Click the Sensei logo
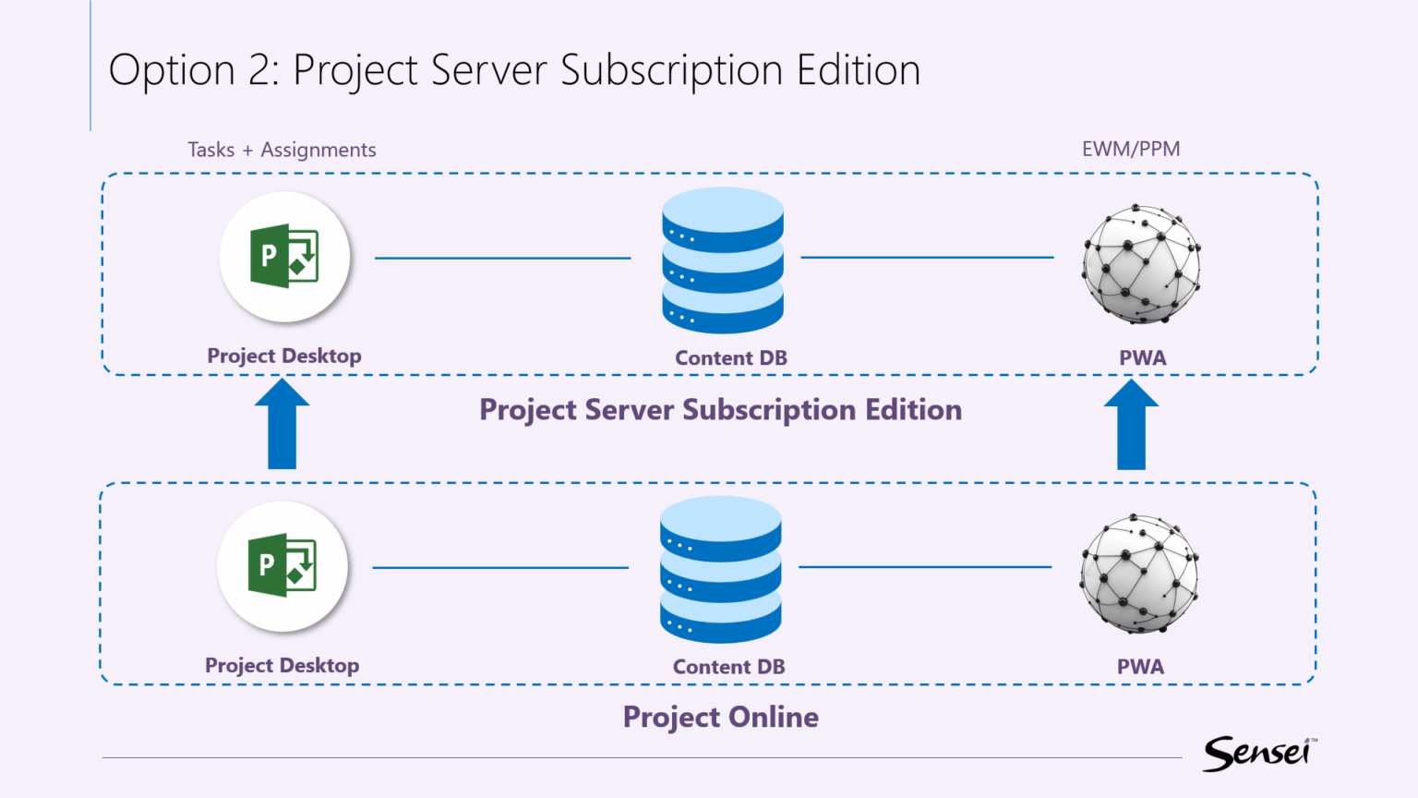click(1258, 754)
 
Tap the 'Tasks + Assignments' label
click(282, 150)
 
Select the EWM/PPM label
click(1131, 149)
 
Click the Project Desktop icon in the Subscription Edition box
click(284, 257)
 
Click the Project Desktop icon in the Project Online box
click(282, 566)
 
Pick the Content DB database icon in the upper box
click(723, 260)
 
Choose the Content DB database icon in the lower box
click(721, 570)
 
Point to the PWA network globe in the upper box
click(1142, 264)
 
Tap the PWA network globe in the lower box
click(1139, 574)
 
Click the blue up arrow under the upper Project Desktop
click(282, 426)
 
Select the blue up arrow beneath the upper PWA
click(1131, 426)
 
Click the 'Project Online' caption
click(720, 717)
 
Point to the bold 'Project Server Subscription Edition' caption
click(720, 409)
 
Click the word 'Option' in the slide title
click(172, 71)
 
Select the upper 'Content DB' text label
click(730, 358)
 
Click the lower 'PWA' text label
click(1140, 667)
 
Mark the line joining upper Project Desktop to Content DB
click(502, 258)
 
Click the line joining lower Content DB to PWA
click(925, 567)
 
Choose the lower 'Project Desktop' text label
click(282, 666)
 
